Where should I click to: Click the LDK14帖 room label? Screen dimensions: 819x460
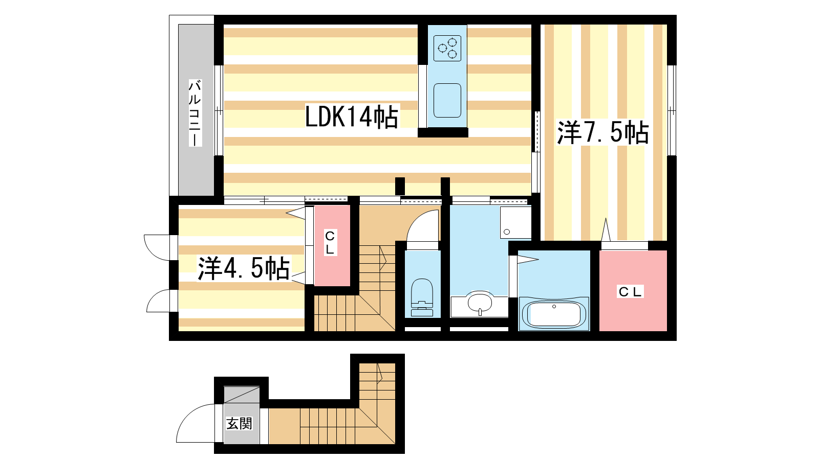(351, 117)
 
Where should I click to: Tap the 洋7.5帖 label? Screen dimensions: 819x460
(602, 132)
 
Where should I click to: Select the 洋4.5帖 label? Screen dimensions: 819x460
(244, 268)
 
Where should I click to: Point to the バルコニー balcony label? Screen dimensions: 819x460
(195, 113)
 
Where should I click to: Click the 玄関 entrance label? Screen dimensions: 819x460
(239, 424)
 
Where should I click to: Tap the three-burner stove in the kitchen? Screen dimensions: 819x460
(447, 48)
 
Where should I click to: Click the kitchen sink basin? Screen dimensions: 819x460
(447, 100)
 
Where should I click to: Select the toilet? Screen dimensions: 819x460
(422, 297)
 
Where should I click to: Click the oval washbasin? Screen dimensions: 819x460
(480, 302)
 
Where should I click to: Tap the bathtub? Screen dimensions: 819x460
(554, 314)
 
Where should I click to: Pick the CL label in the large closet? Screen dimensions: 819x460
(630, 292)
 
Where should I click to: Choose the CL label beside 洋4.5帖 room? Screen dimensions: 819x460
(330, 243)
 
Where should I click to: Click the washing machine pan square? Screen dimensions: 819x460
(515, 222)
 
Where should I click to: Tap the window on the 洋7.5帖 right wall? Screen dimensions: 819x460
(672, 110)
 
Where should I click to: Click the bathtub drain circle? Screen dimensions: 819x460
(554, 306)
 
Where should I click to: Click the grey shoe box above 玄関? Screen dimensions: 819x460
(242, 395)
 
